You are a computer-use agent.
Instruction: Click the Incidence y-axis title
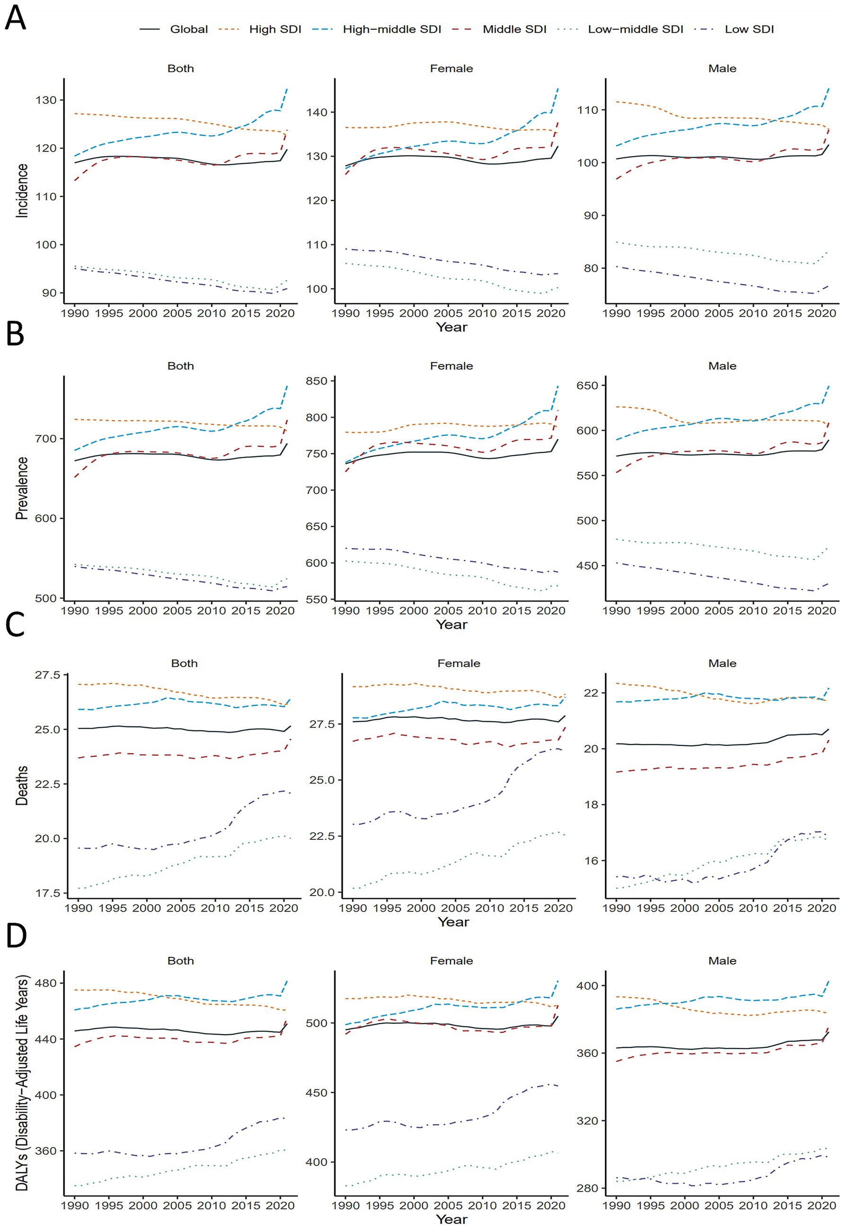(22, 191)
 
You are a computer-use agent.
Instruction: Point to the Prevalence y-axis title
(22, 488)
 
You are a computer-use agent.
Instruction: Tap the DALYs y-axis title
(22, 1083)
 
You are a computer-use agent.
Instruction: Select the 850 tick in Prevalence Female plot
(317, 381)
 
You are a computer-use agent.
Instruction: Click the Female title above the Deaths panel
(459, 663)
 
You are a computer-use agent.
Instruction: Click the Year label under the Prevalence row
(452, 625)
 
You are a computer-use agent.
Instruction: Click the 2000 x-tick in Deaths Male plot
(685, 908)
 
